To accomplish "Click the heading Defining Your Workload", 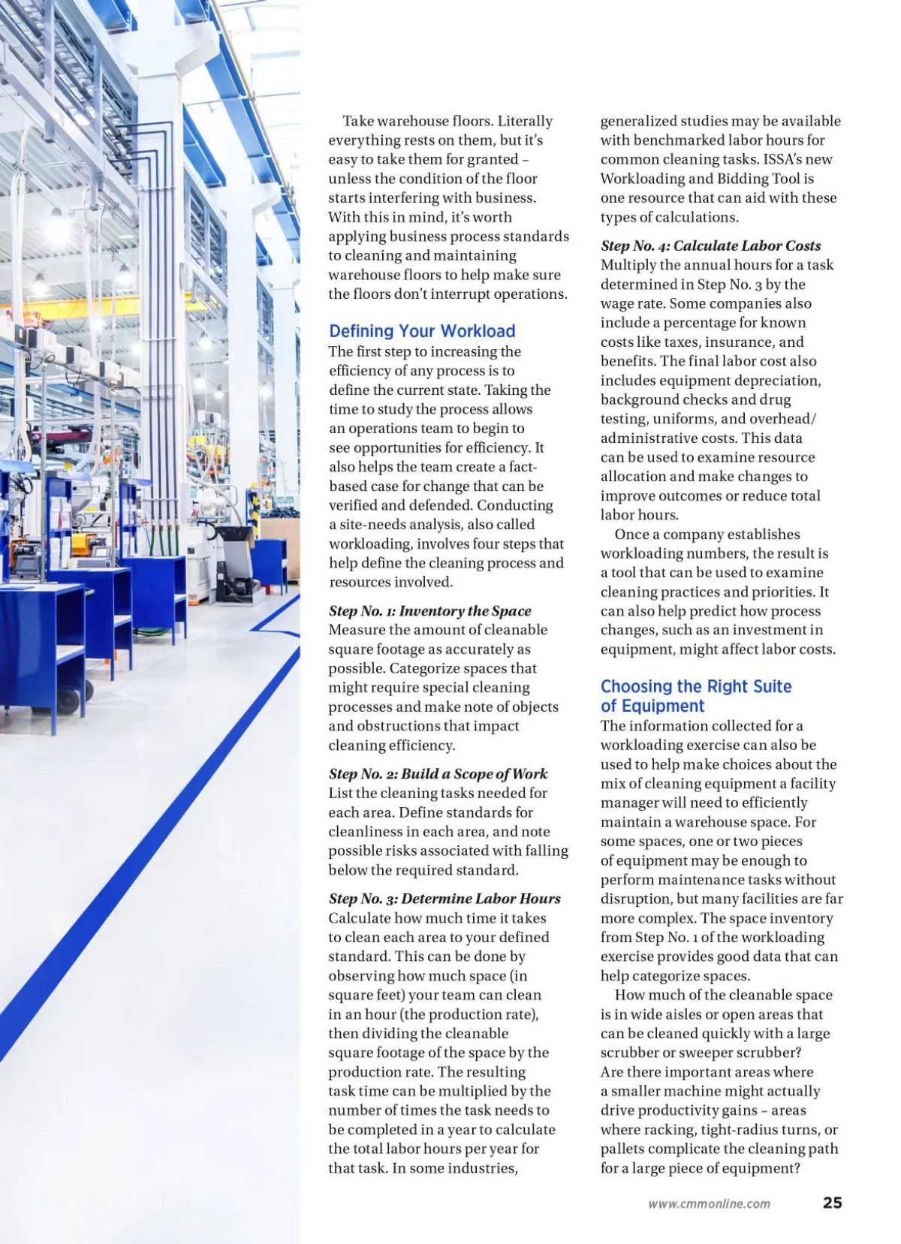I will point(422,331).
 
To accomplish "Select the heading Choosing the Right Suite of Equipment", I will point(695,696).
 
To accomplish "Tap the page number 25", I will point(832,1202).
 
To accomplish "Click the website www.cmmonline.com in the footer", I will point(709,1203).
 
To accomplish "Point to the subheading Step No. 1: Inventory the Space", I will point(429,611).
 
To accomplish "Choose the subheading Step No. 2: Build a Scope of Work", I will point(438,774).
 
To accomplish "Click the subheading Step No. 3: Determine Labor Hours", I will point(444,899).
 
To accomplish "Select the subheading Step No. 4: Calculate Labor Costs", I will point(710,245).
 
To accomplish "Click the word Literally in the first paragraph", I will point(525,121).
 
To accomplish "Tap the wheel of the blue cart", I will point(68,702).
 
